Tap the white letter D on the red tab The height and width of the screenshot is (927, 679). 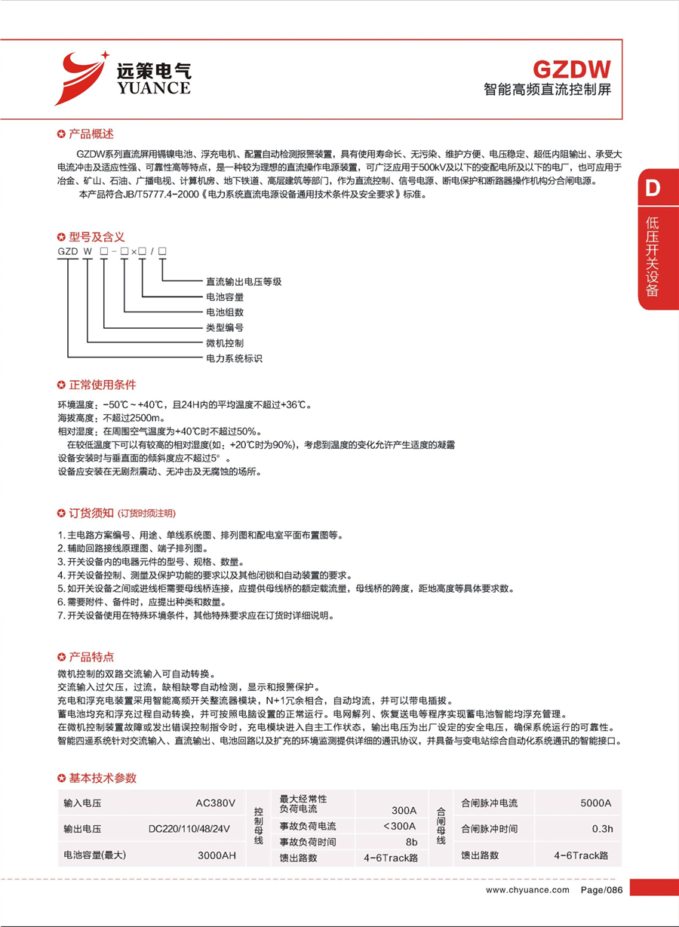click(x=653, y=189)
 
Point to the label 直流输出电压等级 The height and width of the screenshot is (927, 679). click(x=244, y=281)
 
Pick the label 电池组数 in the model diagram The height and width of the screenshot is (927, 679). click(x=225, y=312)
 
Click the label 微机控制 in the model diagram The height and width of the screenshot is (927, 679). click(x=225, y=343)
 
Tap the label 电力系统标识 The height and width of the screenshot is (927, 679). click(x=234, y=359)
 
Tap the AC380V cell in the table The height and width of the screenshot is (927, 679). click(x=216, y=803)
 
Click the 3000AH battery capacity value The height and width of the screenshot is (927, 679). click(x=217, y=855)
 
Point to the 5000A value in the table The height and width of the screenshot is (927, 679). click(x=595, y=803)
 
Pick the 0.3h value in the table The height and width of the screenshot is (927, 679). click(x=602, y=829)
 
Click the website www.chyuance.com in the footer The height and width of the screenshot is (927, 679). click(x=527, y=890)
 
